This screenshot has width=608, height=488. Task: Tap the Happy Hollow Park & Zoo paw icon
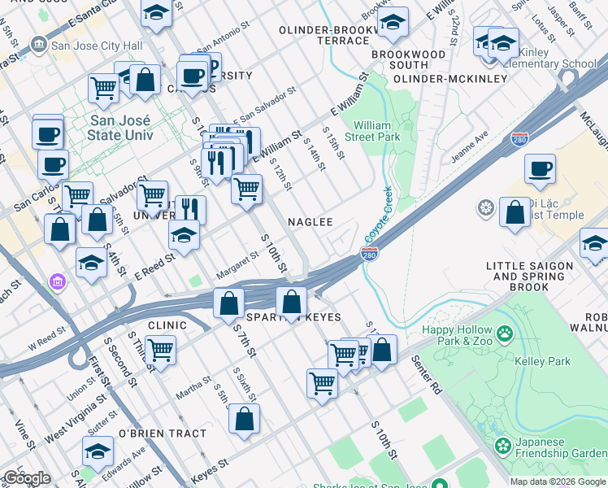pos(506,333)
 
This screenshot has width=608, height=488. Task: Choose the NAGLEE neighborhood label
pos(311,221)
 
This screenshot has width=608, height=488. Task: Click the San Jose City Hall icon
pos(38,43)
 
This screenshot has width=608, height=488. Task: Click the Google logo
pos(26,477)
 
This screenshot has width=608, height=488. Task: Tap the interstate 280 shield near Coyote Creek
pos(368,255)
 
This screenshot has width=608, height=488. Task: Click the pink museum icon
pos(57,283)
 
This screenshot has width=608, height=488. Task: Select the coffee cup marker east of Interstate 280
pos(540,170)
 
